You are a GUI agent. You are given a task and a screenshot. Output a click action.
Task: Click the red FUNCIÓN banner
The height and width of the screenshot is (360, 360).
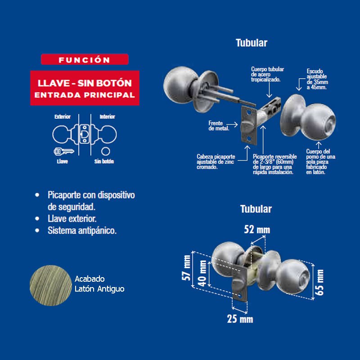click(85, 59)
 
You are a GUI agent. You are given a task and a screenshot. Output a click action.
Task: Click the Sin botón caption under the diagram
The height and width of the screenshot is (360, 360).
click(104, 161)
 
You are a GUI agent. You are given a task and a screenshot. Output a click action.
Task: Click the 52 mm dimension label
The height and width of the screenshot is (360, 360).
click(257, 229)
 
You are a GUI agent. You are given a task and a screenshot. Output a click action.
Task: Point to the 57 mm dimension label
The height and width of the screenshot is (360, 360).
click(187, 268)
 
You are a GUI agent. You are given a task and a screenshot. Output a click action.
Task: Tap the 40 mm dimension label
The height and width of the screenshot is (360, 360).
click(203, 274)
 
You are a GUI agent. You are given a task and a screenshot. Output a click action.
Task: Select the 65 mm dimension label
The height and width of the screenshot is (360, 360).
click(320, 282)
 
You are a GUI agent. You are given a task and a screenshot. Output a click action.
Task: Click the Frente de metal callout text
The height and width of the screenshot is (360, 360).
click(219, 126)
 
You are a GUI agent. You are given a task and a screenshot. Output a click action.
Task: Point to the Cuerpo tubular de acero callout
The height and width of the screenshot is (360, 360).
click(267, 74)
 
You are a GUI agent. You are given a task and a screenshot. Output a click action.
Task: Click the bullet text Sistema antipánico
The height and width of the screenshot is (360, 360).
click(82, 230)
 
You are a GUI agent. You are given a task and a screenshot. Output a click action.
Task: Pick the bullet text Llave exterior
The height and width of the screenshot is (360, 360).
click(72, 219)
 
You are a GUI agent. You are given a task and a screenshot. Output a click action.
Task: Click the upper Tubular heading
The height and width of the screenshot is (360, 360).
click(252, 43)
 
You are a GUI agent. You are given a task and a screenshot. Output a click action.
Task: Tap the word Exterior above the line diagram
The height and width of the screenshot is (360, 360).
click(63, 117)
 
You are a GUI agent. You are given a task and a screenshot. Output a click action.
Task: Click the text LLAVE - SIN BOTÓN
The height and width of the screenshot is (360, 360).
click(85, 83)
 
